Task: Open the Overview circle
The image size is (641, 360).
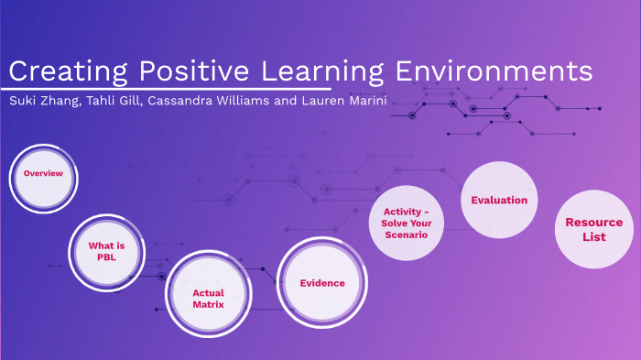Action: [43, 174]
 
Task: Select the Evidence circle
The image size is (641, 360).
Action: [322, 282]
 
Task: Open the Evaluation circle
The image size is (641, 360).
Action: [499, 200]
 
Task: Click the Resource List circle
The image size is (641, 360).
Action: [593, 229]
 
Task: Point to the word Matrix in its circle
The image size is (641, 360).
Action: [209, 304]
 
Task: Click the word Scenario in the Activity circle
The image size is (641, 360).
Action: [407, 235]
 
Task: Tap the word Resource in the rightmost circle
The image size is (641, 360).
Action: [593, 223]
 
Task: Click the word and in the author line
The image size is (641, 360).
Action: [286, 100]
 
